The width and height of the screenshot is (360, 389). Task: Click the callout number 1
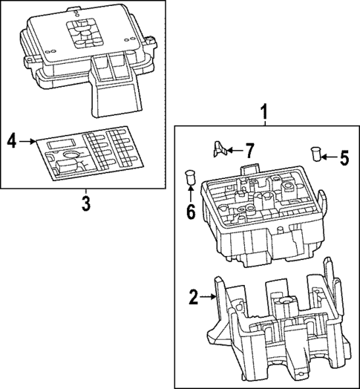[264, 111]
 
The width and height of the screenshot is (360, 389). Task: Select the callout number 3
[85, 201]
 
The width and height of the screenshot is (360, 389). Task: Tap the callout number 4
[12, 140]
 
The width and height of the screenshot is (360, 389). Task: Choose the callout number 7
[249, 150]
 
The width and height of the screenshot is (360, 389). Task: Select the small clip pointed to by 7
[219, 149]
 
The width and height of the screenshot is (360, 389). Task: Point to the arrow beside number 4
[27, 140]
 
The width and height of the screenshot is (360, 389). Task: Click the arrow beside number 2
[209, 298]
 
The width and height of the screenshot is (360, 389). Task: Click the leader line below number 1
[264, 123]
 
